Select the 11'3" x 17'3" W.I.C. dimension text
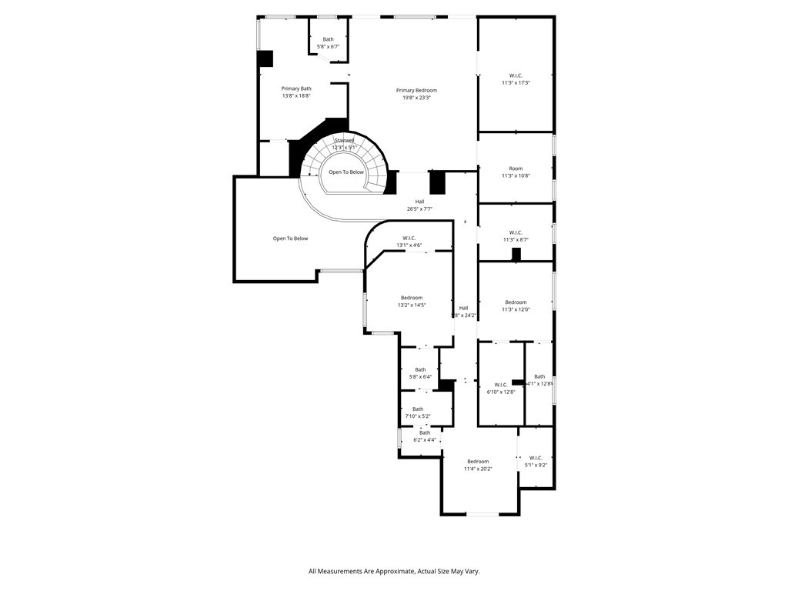point(516,82)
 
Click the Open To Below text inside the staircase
point(346,172)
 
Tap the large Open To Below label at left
point(290,239)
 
